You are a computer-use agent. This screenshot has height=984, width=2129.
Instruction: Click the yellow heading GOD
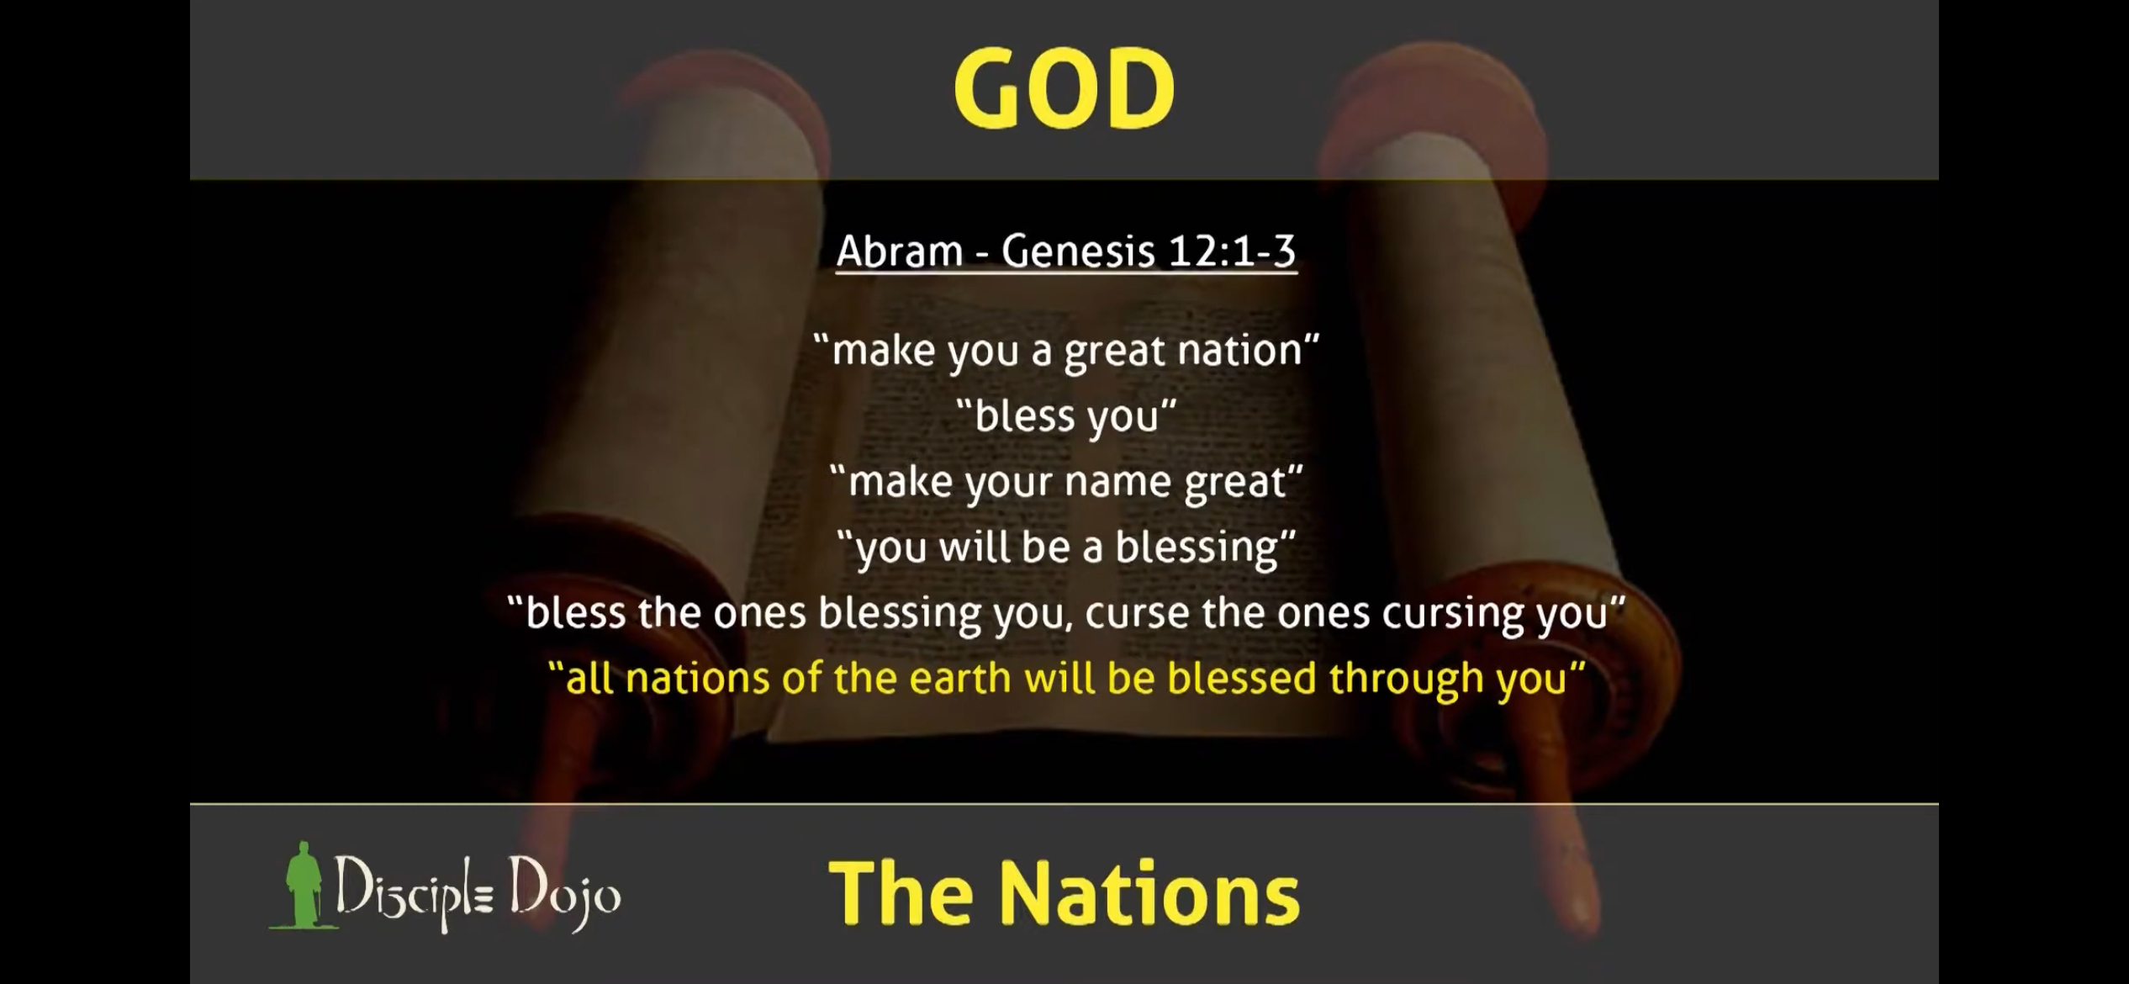(1064, 88)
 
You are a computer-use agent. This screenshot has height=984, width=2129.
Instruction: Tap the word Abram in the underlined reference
(900, 251)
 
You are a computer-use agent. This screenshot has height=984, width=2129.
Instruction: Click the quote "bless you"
(1066, 415)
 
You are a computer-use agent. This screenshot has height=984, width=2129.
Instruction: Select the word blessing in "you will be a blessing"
(1197, 548)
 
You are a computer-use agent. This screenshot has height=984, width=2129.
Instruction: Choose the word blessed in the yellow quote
(1241, 679)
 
